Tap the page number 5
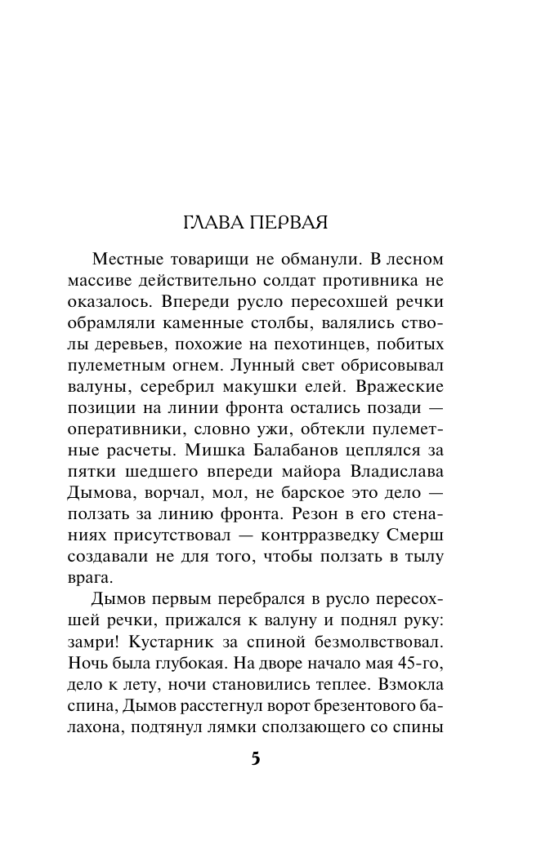[255, 758]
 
